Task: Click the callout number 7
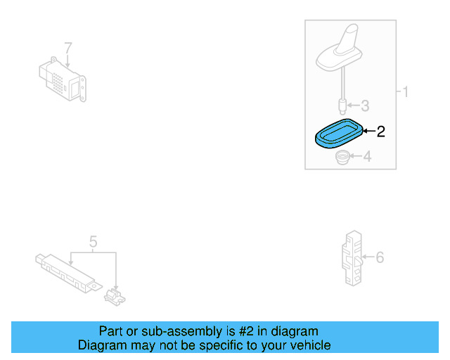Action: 68,48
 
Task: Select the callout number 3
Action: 365,106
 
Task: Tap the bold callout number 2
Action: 381,131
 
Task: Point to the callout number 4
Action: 366,157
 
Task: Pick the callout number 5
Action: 93,243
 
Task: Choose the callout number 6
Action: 380,257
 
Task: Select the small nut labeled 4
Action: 343,157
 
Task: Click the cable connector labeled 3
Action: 342,106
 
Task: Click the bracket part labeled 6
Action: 352,257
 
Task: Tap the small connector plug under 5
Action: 115,295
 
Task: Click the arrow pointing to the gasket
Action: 368,131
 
